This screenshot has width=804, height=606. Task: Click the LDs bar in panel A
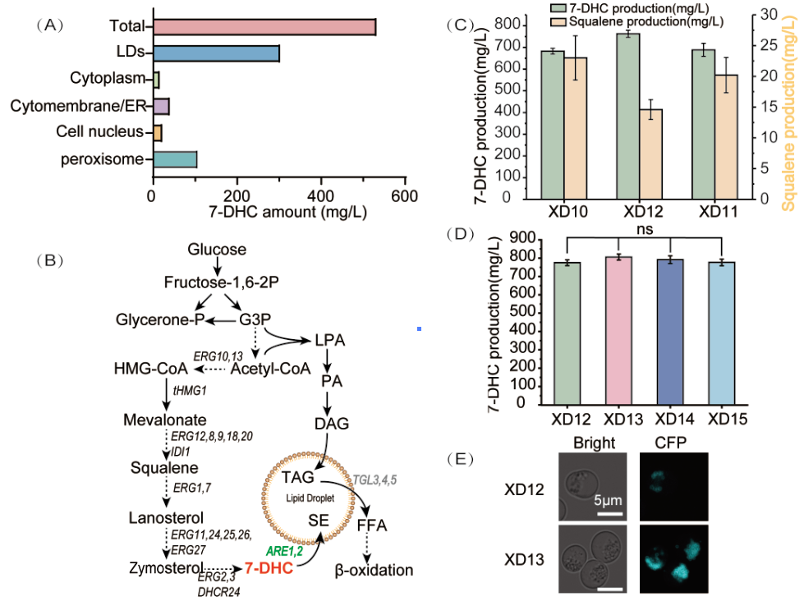(216, 53)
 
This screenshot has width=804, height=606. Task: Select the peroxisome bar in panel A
(174, 159)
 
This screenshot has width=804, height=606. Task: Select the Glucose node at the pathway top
(217, 249)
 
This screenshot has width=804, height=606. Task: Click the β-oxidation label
(374, 570)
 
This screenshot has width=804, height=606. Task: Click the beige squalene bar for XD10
(581, 128)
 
